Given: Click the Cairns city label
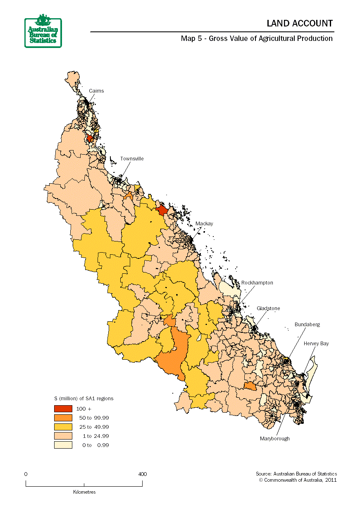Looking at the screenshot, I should click(x=96, y=91).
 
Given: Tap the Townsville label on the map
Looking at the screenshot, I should click(x=132, y=159).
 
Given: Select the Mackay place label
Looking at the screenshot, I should click(x=204, y=224).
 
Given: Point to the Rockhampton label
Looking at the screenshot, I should click(x=257, y=283).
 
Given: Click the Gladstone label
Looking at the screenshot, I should click(x=268, y=308).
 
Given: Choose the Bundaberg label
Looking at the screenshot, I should click(x=307, y=325).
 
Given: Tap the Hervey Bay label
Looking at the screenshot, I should click(x=316, y=344).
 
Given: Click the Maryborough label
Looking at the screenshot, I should click(x=274, y=438).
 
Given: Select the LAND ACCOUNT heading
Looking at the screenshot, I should click(x=299, y=24).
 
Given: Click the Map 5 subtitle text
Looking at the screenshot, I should click(x=256, y=38).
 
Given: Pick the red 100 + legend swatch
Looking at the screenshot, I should click(x=63, y=409).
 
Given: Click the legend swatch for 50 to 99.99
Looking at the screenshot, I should click(x=63, y=418).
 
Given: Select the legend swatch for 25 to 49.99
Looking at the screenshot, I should click(x=63, y=427).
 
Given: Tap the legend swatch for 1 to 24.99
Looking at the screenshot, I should click(x=63, y=436).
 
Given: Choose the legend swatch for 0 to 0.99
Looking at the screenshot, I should click(x=63, y=445).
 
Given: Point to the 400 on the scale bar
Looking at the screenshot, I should click(x=142, y=474).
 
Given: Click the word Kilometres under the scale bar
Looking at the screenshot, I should click(x=84, y=492).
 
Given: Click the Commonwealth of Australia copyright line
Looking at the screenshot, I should click(x=298, y=480).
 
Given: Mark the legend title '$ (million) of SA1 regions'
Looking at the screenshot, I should click(x=84, y=399).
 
